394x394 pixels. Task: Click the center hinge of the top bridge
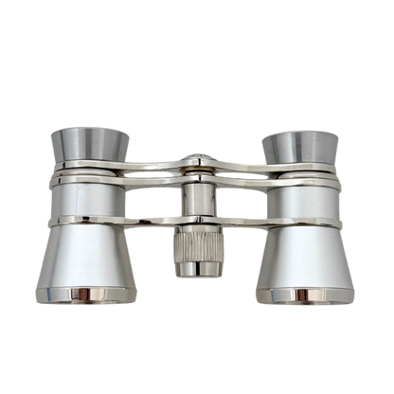(x=196, y=162)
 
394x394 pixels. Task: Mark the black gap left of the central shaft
(x=166, y=204)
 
